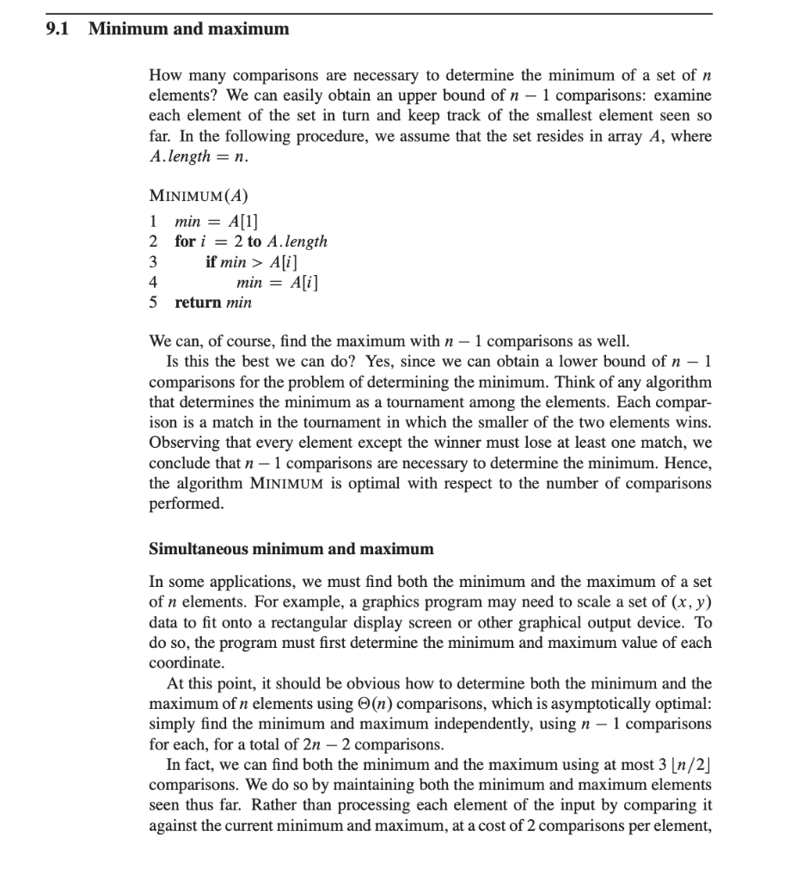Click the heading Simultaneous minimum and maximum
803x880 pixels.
291,548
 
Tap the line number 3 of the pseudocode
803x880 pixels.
153,261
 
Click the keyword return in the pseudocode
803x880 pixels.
198,302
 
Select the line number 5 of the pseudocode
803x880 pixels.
153,302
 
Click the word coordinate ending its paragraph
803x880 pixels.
185,663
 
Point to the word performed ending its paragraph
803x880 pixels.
187,503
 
